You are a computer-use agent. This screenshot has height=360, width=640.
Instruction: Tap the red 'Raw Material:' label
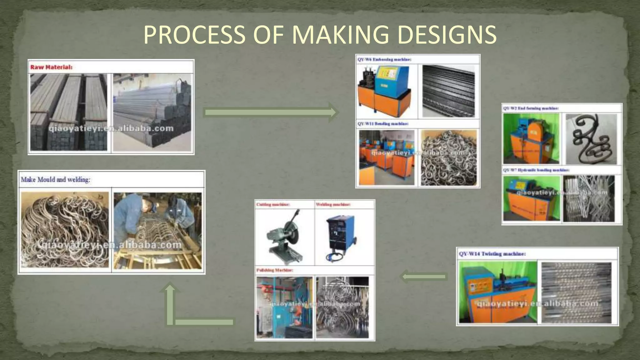click(51, 67)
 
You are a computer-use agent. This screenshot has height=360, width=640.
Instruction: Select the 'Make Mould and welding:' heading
click(56, 180)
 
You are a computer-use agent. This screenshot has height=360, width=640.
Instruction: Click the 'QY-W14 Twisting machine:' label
click(492, 254)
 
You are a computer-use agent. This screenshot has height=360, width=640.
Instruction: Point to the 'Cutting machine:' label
click(273, 205)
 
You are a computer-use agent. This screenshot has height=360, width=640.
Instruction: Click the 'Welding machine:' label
click(333, 205)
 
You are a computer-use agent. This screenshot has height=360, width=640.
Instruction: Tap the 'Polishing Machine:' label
click(275, 270)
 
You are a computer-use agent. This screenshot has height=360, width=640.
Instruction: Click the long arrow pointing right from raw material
click(270, 112)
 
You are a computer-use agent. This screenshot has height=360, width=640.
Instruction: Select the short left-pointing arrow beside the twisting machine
click(423, 277)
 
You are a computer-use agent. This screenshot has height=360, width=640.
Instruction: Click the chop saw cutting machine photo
click(284, 237)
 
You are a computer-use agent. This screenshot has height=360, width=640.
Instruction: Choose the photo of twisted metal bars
click(576, 292)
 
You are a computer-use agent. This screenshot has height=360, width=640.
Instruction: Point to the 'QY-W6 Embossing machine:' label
click(384, 59)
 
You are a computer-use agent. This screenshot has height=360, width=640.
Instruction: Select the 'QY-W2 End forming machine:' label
click(531, 108)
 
